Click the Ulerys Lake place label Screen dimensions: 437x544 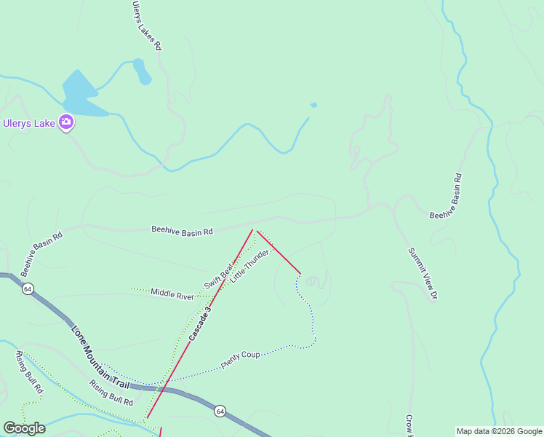click(29, 123)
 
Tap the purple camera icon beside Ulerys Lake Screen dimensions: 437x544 click(66, 122)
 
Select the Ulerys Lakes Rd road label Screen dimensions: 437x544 click(146, 25)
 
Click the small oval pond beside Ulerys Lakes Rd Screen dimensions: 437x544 click(142, 71)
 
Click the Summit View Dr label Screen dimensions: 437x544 click(422, 273)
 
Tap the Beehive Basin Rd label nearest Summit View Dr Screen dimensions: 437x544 click(446, 195)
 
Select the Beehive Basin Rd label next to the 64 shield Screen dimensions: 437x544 click(41, 253)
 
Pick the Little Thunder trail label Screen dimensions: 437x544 click(249, 266)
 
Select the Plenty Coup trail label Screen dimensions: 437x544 click(241, 360)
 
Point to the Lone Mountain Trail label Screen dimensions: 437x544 click(100, 355)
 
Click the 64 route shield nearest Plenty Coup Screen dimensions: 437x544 click(220, 412)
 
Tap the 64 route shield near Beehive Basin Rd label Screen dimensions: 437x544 click(28, 289)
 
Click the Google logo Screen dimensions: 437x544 click(24, 428)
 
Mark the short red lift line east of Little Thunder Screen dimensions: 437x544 click(279, 252)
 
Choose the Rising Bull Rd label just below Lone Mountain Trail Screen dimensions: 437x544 click(111, 393)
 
